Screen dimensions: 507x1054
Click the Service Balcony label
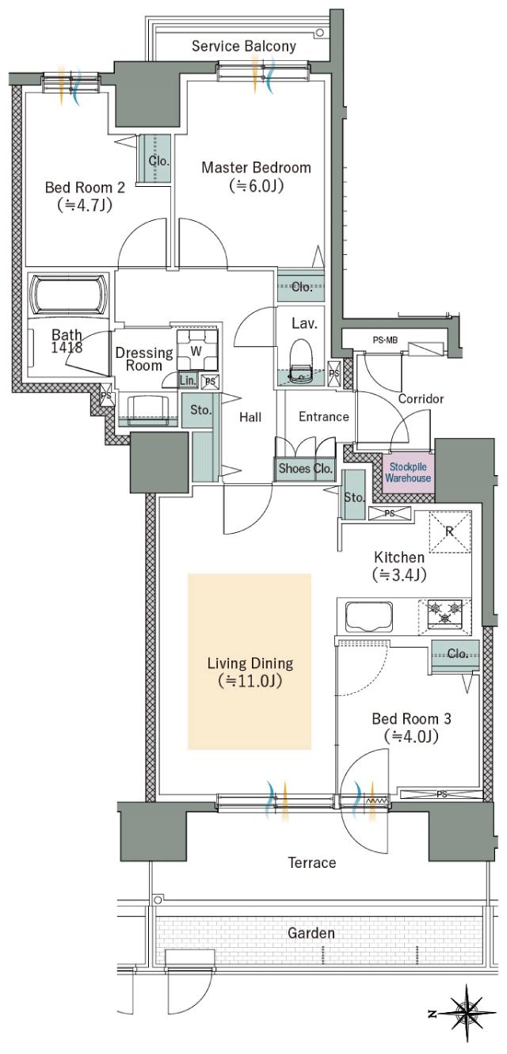244,46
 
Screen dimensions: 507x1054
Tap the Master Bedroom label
256,168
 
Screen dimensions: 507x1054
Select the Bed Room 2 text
85,188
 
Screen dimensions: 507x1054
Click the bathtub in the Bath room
69,295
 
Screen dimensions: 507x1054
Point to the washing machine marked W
197,350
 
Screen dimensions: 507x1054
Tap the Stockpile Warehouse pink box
408,473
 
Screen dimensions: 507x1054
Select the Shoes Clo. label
306,468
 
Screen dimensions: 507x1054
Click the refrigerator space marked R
450,531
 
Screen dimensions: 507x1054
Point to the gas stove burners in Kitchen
444,612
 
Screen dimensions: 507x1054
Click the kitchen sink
369,617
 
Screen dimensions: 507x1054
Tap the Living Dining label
250,664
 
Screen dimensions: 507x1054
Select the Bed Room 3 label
411,718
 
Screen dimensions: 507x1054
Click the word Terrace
312,862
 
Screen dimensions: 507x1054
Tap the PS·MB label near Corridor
385,340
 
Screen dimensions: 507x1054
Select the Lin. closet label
188,380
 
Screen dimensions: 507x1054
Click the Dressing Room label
144,359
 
